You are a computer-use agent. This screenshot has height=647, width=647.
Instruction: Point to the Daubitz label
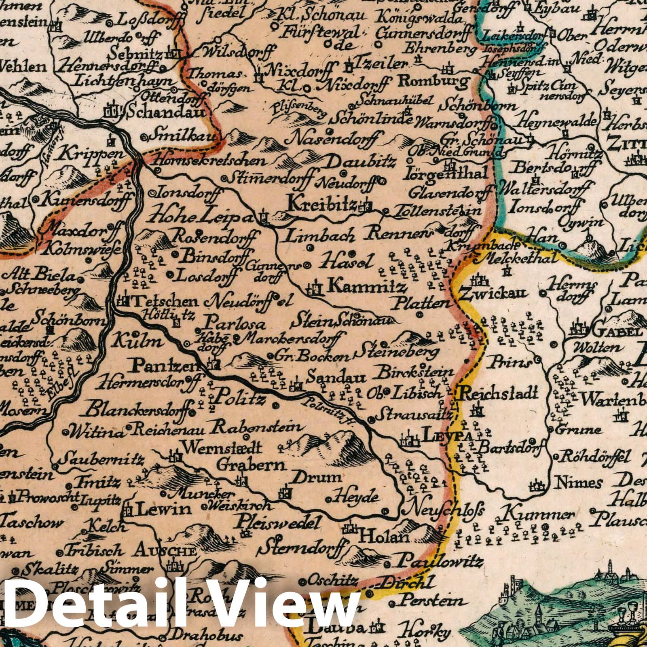tap(359, 162)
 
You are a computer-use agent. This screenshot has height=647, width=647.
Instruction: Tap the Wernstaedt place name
tap(223, 448)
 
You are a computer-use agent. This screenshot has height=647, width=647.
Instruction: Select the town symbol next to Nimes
tap(538, 483)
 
